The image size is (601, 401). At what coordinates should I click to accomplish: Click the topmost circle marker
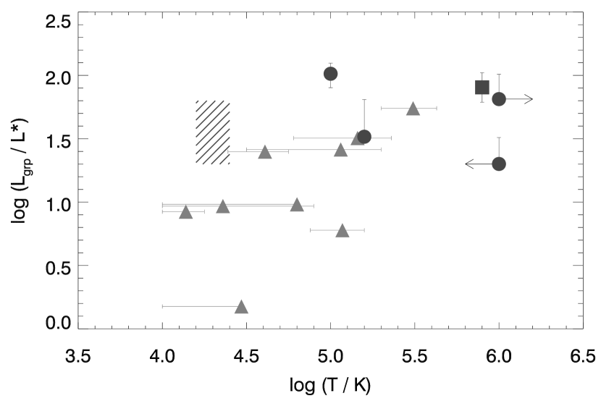tap(330, 74)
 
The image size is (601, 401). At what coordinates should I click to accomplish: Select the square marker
tap(482, 87)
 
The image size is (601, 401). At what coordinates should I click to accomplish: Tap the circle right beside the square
tap(499, 99)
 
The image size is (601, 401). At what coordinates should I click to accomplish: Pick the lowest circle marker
tap(499, 164)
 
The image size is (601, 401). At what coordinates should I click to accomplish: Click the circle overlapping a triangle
tap(364, 137)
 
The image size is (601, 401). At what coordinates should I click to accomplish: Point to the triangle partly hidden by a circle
tap(357, 138)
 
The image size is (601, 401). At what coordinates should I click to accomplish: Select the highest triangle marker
tap(413, 109)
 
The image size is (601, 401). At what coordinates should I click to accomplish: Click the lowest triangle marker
tap(241, 307)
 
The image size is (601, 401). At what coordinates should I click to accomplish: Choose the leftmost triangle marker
tap(185, 212)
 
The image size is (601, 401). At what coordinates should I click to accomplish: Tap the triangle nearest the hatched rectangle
tap(265, 152)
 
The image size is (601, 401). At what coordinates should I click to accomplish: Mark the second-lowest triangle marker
tap(342, 230)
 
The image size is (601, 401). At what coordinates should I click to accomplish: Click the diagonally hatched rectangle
tap(213, 132)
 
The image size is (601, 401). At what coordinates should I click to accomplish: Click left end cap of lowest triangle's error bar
tap(162, 306)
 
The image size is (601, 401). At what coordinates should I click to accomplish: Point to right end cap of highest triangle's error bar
tap(437, 109)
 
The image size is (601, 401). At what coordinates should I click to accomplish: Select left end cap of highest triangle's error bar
tap(382, 109)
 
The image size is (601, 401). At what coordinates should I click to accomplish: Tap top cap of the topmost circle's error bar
tap(330, 63)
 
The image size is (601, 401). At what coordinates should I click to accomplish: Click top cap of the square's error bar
tap(482, 73)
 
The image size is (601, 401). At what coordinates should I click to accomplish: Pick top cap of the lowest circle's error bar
tap(499, 138)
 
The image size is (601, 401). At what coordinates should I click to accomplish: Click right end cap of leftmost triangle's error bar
tap(204, 212)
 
